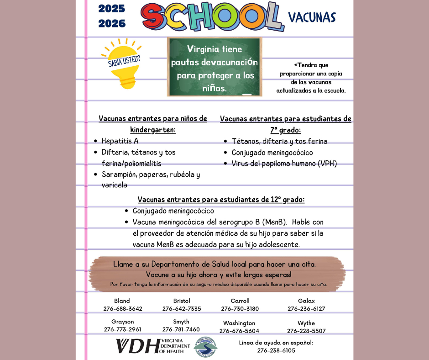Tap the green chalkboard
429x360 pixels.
pyautogui.click(x=214, y=67)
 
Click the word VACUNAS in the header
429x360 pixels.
pyautogui.click(x=312, y=17)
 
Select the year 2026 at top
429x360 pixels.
pyautogui.click(x=112, y=24)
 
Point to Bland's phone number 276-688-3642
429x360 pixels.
pyautogui.click(x=123, y=309)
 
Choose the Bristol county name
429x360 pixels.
pyautogui.click(x=182, y=301)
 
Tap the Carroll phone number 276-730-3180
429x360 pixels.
pyautogui.click(x=240, y=309)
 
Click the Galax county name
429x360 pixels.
pyautogui.click(x=306, y=301)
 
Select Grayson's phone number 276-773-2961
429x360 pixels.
pyautogui.click(x=122, y=329)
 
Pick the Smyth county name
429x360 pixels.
pyautogui.click(x=181, y=322)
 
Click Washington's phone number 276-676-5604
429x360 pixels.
pyautogui.click(x=239, y=331)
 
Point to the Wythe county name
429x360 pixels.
pyautogui.click(x=306, y=323)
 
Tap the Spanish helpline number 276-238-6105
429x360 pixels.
pyautogui.click(x=276, y=350)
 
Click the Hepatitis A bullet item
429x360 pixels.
pyautogui.click(x=120, y=141)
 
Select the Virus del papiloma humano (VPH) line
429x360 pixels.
pyautogui.click(x=284, y=164)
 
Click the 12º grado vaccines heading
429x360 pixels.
pyautogui.click(x=221, y=200)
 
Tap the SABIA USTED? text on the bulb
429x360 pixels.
pyautogui.click(x=124, y=61)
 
